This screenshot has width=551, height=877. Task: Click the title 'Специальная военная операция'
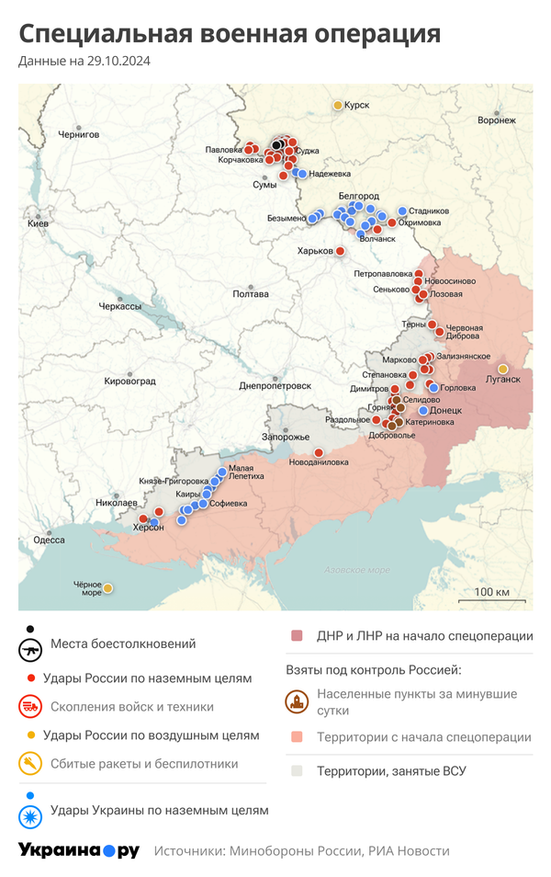(230, 34)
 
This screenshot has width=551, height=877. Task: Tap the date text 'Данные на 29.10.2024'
(84, 62)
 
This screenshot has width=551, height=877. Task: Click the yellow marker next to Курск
(337, 106)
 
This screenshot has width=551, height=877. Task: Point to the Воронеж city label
(497, 120)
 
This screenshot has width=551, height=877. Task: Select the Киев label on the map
(38, 223)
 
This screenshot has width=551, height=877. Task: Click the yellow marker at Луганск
(502, 369)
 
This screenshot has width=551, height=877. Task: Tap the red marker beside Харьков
(340, 251)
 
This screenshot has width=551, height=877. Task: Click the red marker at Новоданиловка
(319, 452)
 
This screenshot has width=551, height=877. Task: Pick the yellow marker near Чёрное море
(107, 588)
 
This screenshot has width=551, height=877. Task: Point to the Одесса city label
(49, 540)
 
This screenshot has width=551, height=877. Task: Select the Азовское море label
(356, 570)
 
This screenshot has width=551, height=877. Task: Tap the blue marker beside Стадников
(401, 211)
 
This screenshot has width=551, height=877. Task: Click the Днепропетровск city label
(270, 385)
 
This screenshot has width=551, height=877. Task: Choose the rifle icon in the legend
(30, 649)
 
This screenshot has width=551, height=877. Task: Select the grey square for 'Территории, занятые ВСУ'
(297, 771)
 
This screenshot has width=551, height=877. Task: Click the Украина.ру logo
(79, 850)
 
